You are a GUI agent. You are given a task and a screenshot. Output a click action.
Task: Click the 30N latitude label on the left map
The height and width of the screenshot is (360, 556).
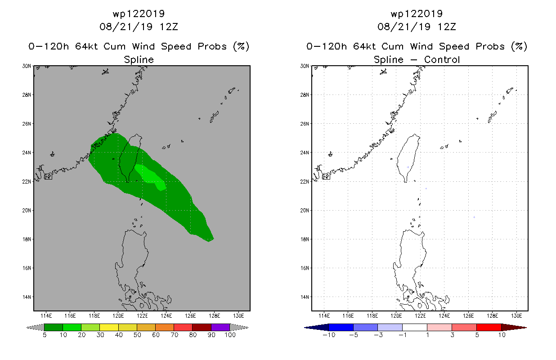(27, 66)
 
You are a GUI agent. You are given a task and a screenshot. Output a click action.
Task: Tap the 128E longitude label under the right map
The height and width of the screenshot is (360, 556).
(492, 316)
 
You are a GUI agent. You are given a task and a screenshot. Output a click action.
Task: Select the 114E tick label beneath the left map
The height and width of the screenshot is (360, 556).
(46, 316)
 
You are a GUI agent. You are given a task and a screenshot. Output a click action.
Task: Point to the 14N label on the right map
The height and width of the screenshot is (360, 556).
(305, 297)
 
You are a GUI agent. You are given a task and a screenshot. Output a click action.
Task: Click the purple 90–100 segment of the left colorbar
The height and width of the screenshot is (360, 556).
(220, 327)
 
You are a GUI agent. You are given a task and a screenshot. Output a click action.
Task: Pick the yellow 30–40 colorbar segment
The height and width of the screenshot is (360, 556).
(109, 327)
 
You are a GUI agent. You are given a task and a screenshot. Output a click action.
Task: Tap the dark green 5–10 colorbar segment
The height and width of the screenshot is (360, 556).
(54, 327)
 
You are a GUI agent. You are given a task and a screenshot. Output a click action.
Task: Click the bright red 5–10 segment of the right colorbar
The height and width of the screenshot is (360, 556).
(489, 327)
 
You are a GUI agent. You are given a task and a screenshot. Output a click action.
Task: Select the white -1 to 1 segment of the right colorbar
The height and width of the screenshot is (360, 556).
(415, 327)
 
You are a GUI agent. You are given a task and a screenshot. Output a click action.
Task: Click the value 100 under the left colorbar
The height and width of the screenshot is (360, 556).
(230, 335)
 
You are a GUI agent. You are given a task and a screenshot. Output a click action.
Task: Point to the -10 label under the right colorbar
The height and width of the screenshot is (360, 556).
(329, 335)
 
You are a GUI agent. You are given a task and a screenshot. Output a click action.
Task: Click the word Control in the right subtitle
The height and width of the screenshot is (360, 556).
(442, 59)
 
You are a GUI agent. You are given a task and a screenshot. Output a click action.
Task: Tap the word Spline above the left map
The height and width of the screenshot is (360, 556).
(139, 59)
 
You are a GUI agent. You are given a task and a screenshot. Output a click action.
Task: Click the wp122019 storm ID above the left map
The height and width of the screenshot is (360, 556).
(139, 13)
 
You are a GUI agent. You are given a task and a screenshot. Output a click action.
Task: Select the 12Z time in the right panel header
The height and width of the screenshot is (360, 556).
(447, 27)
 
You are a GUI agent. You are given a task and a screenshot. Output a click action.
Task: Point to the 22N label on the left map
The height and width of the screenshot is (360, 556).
(27, 181)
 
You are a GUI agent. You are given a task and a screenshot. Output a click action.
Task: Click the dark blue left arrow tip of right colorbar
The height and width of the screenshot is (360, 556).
(305, 328)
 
